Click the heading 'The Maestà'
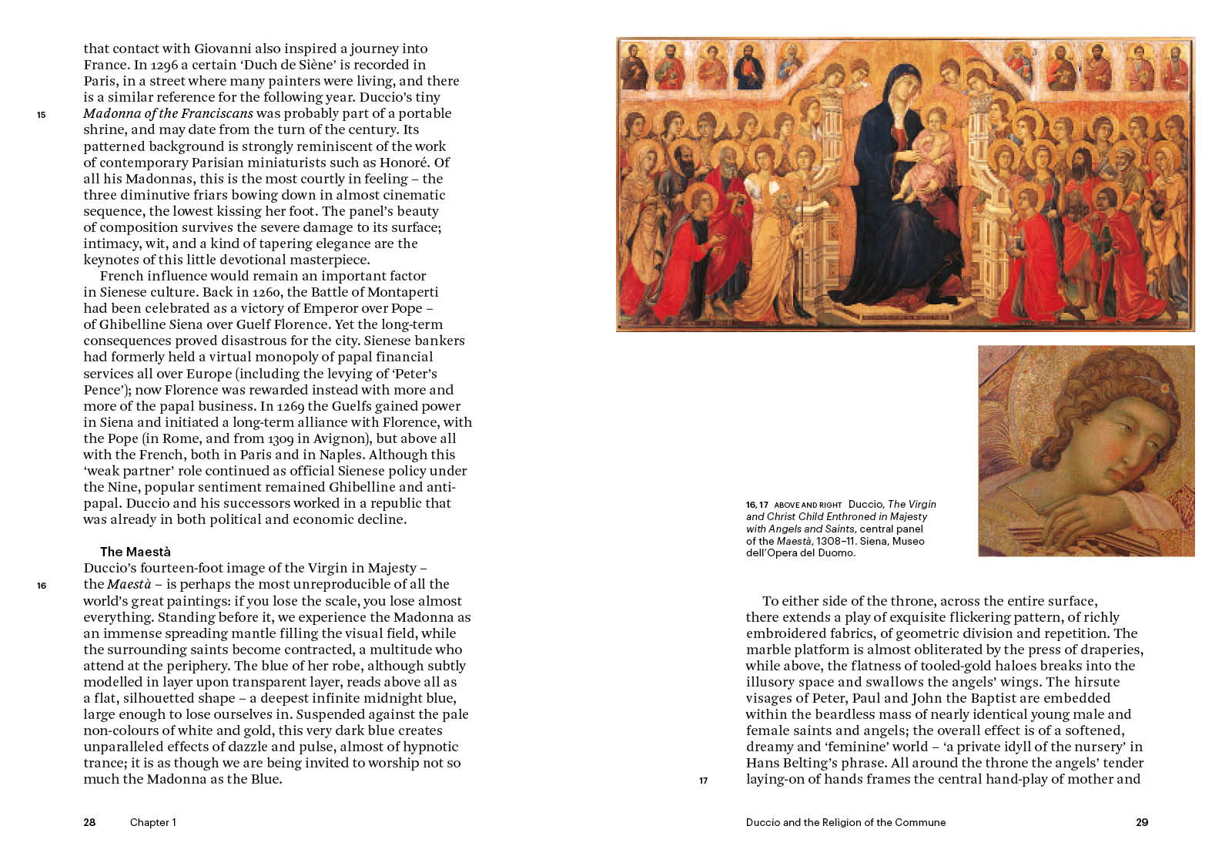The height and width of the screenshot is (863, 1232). click(x=136, y=552)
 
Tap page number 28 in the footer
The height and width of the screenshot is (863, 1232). click(x=89, y=822)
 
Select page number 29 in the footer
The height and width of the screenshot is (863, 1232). click(x=1142, y=822)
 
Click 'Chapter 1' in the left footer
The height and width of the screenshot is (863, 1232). click(x=152, y=822)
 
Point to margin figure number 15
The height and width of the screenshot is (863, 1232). click(x=41, y=115)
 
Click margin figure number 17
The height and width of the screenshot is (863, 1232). click(x=703, y=781)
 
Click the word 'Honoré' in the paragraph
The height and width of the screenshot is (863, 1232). click(x=409, y=163)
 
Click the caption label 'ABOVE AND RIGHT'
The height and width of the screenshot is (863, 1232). click(x=808, y=505)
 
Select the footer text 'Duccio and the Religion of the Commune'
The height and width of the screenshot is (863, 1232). click(x=845, y=822)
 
